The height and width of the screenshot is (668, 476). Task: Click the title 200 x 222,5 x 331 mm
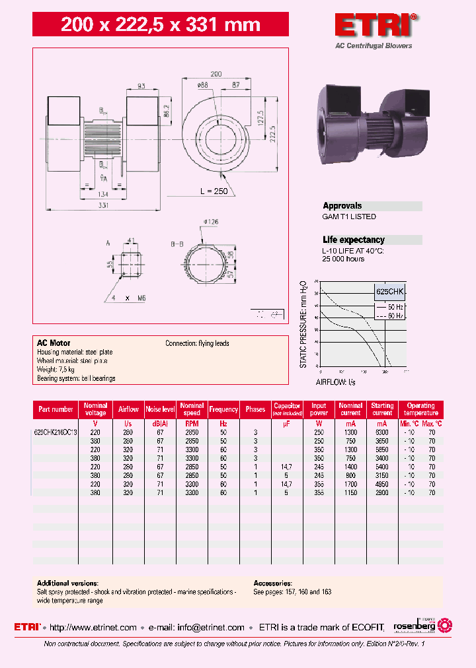click(161, 25)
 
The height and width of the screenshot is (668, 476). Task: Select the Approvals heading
click(342, 206)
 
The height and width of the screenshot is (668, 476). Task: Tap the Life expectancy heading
click(353, 240)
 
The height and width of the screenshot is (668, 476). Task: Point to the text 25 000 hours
click(343, 259)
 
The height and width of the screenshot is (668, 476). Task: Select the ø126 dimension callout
click(212, 221)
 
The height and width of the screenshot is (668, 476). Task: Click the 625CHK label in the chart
click(389, 291)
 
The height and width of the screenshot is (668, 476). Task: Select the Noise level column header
click(160, 409)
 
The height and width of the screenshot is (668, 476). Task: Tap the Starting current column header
click(382, 409)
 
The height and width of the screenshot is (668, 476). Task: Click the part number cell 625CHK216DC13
click(56, 432)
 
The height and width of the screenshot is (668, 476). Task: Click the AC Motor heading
click(54, 343)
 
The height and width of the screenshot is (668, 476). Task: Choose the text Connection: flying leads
click(197, 343)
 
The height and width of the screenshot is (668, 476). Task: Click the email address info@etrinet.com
click(211, 628)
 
